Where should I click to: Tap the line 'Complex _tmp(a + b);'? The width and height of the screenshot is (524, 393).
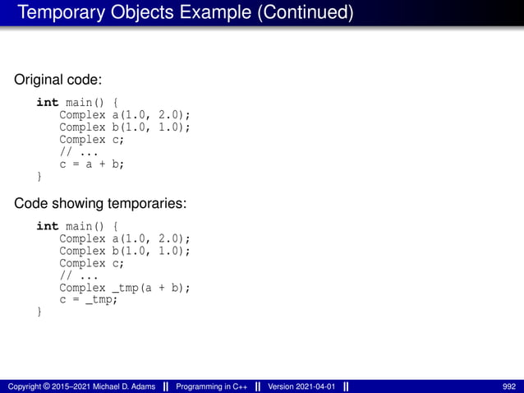click(x=125, y=288)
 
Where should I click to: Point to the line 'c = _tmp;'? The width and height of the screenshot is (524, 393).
click(x=89, y=300)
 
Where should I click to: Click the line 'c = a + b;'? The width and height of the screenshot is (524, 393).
click(x=91, y=164)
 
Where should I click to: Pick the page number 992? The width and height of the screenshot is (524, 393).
click(x=509, y=386)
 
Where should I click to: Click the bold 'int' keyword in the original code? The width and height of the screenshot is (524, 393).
click(x=47, y=103)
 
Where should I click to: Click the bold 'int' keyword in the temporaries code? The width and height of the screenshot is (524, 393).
click(x=47, y=226)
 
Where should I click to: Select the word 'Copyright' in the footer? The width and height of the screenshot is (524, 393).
click(x=24, y=386)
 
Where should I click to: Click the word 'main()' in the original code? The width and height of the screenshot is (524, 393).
click(x=85, y=103)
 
